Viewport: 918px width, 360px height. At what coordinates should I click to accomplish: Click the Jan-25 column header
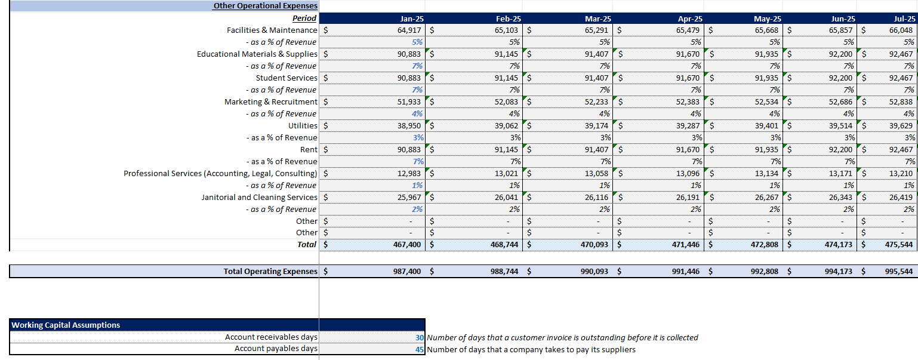[409, 19]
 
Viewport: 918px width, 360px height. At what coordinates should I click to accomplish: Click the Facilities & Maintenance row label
[272, 30]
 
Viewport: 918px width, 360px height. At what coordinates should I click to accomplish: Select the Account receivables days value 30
[419, 337]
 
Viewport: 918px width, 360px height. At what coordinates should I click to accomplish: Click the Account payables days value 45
[419, 349]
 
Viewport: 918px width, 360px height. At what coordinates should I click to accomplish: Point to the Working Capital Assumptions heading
[66, 325]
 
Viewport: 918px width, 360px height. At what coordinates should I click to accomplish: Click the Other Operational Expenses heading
[264, 6]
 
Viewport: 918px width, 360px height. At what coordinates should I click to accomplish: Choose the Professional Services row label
[220, 173]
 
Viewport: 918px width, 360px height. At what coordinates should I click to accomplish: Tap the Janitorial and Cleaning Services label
[259, 197]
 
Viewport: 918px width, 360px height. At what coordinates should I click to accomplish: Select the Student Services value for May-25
[766, 78]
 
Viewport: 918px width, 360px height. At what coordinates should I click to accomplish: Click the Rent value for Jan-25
[409, 149]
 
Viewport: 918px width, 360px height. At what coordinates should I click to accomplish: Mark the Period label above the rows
[304, 19]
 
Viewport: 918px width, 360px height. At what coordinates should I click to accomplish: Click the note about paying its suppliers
[531, 349]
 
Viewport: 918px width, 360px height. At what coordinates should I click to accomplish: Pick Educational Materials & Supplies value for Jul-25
[901, 54]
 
